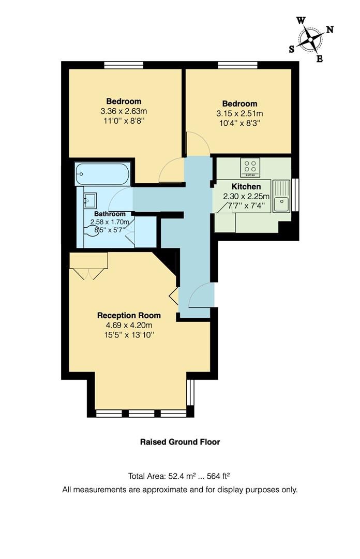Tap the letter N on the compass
(329, 30)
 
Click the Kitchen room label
(246, 186)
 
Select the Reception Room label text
(129, 315)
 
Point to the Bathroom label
(110, 214)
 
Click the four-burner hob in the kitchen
(251, 167)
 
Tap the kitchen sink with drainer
(281, 197)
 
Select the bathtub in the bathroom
(102, 174)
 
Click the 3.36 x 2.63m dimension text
(124, 111)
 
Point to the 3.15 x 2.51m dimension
(239, 114)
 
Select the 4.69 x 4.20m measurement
(129, 325)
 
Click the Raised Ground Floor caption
(180, 442)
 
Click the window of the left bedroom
(123, 65)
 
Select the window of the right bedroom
(237, 65)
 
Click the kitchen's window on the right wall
(295, 195)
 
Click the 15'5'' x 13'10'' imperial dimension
(129, 335)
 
